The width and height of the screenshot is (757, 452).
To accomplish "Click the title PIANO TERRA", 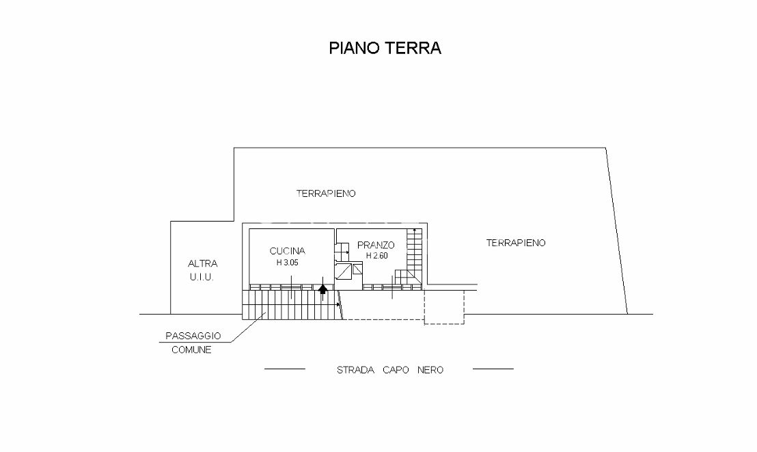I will pos(385,48).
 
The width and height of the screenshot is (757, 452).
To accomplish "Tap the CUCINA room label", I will pos(287,251).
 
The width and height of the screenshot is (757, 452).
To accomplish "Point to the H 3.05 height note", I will pos(287,262).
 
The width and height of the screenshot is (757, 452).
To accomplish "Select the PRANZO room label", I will pos(376,245).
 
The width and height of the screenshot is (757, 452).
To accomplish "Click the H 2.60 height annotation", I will pos(376,255).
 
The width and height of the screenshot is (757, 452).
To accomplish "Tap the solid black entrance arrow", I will pos(323,289).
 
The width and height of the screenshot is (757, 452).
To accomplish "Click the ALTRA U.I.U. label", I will pos(202,270).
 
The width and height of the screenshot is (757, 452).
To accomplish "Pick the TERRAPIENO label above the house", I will pos(326,194).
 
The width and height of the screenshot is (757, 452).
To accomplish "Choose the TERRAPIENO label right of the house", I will pos(516,243).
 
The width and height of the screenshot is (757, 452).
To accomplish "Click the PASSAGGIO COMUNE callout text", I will pos(193,343).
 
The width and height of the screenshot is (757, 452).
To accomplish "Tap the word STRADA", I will pos(355,370).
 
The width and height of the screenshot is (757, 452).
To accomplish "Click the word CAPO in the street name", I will pos(396,370).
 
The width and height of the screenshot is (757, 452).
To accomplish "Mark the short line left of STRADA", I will pos(285,369).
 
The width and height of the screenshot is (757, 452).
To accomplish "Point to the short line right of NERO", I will pos(493,369).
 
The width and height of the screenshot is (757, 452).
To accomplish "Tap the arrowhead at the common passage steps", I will pos(339,304).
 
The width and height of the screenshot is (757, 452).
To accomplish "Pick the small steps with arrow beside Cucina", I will pos(341,251).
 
